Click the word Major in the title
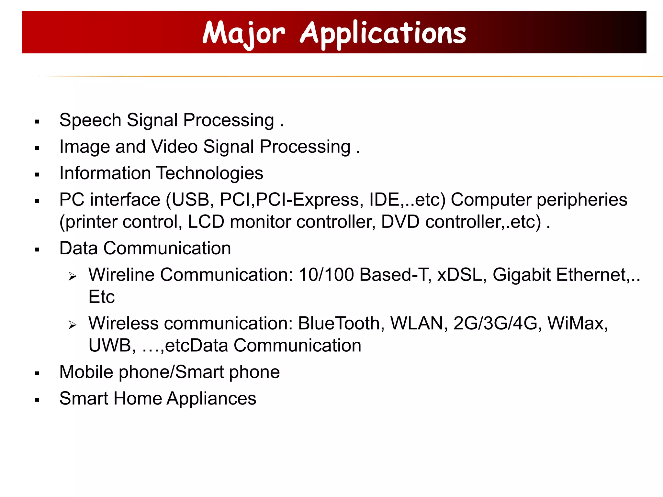pos(243,33)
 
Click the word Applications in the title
pos(383,33)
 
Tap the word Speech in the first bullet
pos(90,120)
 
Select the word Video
pos(174,147)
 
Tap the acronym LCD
pos(206,222)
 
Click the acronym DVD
pos(400,222)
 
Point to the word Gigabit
pos(522,275)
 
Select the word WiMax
pos(578,323)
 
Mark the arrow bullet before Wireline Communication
pos(73,276)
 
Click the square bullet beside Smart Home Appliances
pos(38,400)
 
